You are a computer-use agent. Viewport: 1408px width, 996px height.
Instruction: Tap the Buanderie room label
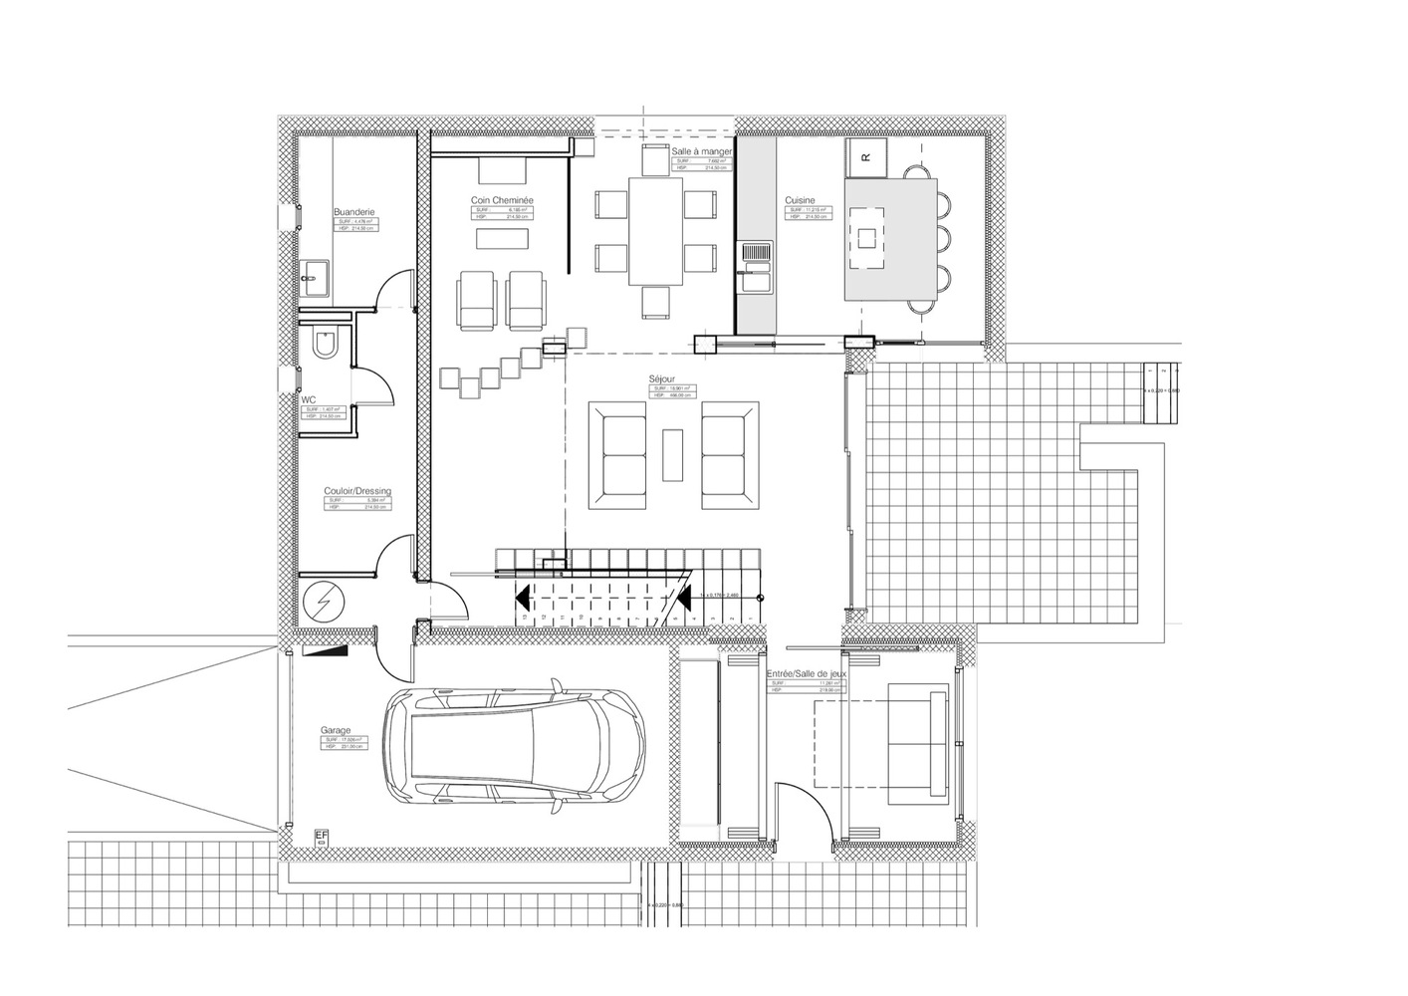(x=353, y=212)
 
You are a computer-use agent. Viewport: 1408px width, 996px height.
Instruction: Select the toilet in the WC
(x=325, y=345)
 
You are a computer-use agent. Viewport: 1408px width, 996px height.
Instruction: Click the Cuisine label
(x=800, y=200)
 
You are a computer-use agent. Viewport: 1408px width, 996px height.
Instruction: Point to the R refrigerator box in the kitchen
(x=864, y=156)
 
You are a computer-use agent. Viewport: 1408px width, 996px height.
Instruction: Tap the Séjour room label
(x=659, y=379)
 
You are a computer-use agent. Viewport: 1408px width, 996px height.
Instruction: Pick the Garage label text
(x=336, y=730)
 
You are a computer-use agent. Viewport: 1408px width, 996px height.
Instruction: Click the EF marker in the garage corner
(x=321, y=838)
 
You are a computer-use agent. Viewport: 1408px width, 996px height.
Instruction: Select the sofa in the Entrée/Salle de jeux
(x=917, y=743)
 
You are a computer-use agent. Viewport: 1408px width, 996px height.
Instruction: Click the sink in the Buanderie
(x=316, y=277)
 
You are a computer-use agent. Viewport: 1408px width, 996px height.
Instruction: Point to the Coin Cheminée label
(x=502, y=200)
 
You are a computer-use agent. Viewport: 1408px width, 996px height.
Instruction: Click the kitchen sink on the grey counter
(x=754, y=256)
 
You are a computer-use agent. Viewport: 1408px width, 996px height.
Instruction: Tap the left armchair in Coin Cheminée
(x=477, y=301)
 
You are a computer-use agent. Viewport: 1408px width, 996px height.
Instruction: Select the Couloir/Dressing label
(x=357, y=491)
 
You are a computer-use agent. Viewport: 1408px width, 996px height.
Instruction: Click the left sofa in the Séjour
(x=616, y=455)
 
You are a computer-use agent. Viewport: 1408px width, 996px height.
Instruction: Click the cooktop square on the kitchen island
(x=866, y=237)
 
